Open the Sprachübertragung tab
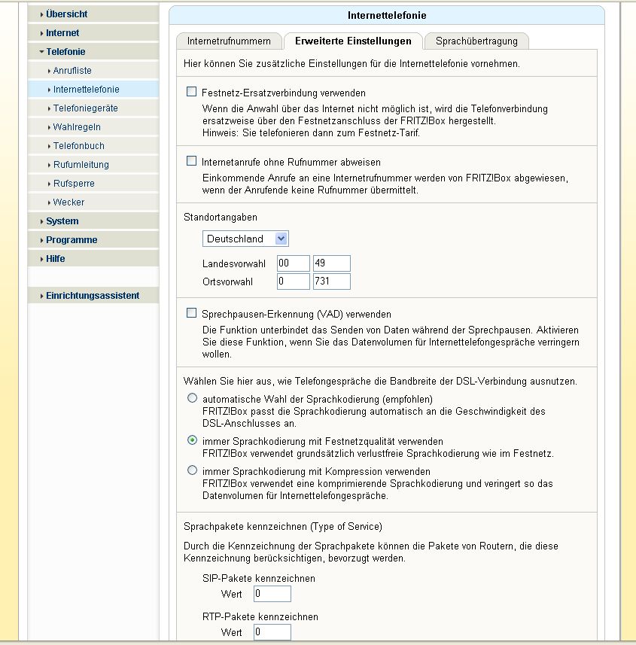[476, 41]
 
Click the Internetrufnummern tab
[228, 41]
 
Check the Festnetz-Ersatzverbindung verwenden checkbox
[192, 93]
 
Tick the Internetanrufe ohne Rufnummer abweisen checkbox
[192, 161]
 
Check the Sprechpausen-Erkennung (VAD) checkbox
[192, 313]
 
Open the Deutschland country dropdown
[245, 239]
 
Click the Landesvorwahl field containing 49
[331, 263]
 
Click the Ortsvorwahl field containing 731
[331, 281]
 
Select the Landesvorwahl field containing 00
[293, 263]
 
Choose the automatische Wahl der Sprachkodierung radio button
[193, 397]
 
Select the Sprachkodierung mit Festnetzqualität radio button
[193, 440]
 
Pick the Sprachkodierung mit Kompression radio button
[193, 470]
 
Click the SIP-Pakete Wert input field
[272, 594]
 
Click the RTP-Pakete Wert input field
[272, 632]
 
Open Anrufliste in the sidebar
[72, 71]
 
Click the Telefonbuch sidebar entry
[78, 146]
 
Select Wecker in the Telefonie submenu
[68, 202]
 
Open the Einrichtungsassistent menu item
[92, 296]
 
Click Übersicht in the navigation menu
[66, 14]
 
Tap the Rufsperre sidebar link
[74, 184]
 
